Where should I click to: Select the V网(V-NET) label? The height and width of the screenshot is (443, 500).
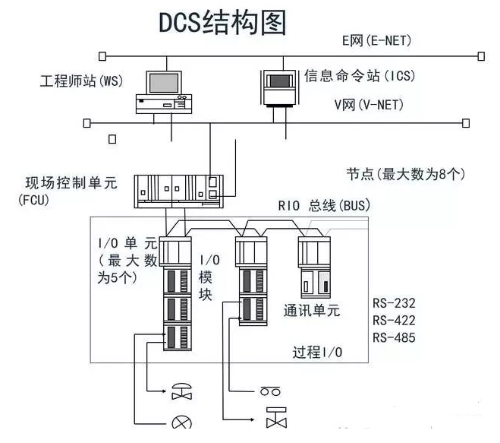point(369,104)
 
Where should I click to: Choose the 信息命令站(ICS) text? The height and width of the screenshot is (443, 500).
point(360,76)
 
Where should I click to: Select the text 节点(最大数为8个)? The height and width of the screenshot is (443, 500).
point(406,173)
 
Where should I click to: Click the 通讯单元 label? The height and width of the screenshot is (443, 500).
point(312,310)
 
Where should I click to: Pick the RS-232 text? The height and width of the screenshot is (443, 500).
point(394,303)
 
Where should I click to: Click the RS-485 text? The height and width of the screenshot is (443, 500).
point(394,337)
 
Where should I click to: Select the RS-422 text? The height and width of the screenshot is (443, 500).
point(394,320)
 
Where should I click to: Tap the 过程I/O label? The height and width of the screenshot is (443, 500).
point(317,352)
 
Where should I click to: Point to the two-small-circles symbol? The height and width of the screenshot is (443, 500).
point(270,392)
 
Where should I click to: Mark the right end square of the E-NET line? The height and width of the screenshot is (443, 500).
point(481,55)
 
